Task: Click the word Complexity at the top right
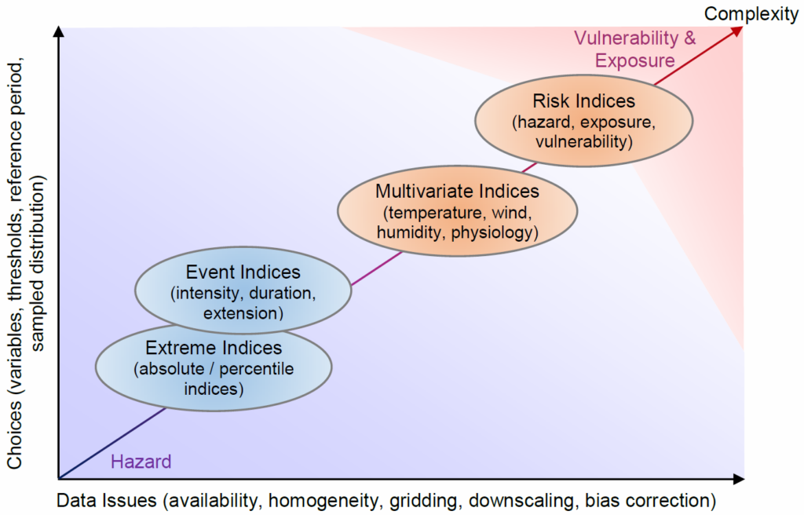(x=751, y=14)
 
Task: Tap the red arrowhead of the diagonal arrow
(x=737, y=31)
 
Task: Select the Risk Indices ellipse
(x=584, y=121)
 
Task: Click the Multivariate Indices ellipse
(x=458, y=211)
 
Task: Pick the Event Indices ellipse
(x=243, y=290)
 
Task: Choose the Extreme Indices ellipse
(x=214, y=367)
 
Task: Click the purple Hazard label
(x=141, y=462)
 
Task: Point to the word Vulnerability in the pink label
(x=626, y=38)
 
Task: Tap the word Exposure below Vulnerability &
(x=634, y=60)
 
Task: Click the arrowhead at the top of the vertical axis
(x=59, y=32)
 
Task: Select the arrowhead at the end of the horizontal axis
(x=739, y=479)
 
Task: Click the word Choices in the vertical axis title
(x=15, y=435)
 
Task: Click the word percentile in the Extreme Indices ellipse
(x=257, y=369)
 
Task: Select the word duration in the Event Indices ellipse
(x=279, y=293)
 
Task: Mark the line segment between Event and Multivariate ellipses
(x=376, y=268)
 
